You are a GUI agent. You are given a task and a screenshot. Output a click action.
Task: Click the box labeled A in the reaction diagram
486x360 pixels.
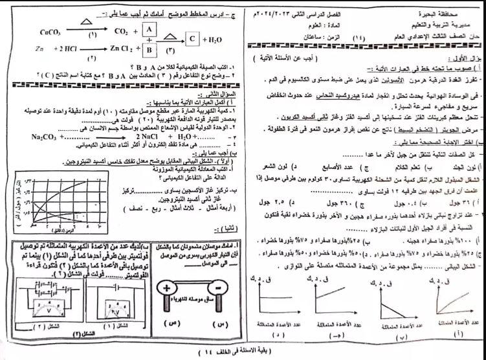coord(148,30)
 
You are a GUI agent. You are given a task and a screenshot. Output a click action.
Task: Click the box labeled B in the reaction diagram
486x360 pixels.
coord(148,49)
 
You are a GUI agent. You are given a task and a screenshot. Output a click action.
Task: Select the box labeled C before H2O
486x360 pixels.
coord(193,39)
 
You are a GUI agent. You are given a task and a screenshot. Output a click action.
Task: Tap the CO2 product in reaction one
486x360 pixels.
coord(118,30)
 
